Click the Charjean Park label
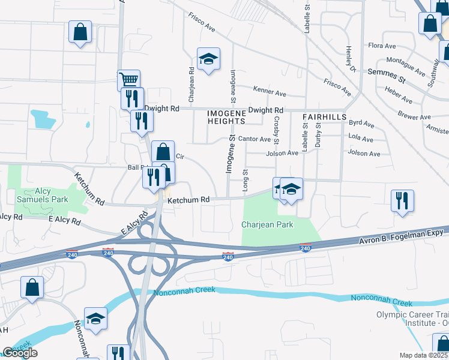click(267, 224)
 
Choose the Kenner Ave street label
click(270, 92)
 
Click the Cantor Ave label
click(255, 139)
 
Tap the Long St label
click(245, 181)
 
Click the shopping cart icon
click(128, 79)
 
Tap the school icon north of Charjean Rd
click(208, 59)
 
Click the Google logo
click(20, 353)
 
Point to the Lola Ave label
click(361, 137)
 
